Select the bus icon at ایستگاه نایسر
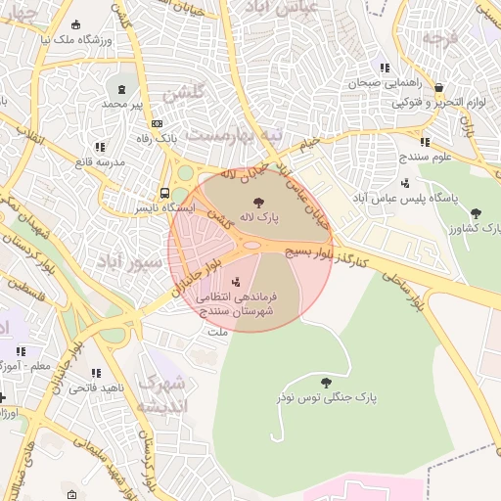(x=164, y=193)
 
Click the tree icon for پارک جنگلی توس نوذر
(x=326, y=382)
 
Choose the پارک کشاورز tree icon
(x=476, y=212)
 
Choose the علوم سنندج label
(x=424, y=157)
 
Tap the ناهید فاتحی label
(x=96, y=388)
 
